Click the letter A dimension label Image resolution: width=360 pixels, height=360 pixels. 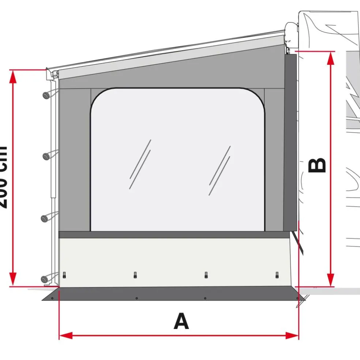tap(181, 322)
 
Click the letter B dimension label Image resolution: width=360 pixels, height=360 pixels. tap(317, 165)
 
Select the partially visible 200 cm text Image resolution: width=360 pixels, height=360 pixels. tap(3, 177)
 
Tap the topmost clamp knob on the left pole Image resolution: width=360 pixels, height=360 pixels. tap(46, 95)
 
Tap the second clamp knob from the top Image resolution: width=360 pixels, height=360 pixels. tap(46, 156)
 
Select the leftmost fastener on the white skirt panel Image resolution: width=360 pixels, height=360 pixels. tap(65, 275)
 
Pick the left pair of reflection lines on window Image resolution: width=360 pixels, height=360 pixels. tap(140, 165)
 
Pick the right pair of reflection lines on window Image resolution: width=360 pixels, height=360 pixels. tap(220, 171)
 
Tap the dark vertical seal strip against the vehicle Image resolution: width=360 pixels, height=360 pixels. tap(290, 141)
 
